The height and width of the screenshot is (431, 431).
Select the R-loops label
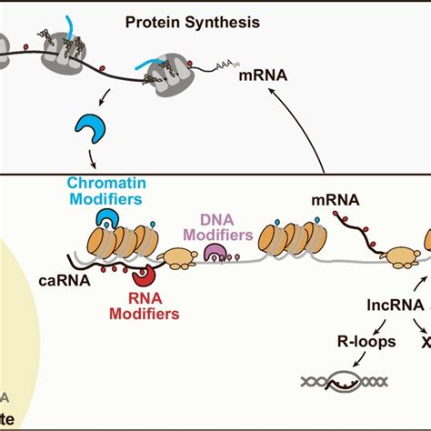point(338,345)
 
